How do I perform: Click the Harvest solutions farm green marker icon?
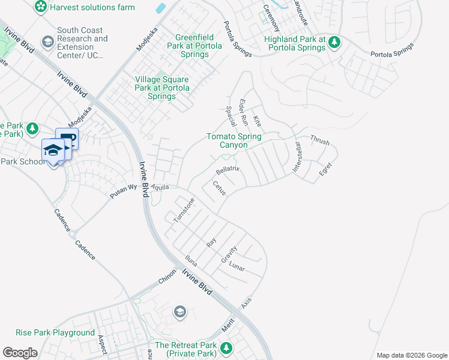(41, 7)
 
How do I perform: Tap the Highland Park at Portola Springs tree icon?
(335, 42)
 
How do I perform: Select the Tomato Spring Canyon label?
(234, 140)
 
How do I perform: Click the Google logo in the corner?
(20, 352)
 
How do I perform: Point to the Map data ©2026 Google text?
(411, 355)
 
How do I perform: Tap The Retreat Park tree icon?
(226, 348)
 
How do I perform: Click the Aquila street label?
(160, 187)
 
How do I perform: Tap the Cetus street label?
(218, 189)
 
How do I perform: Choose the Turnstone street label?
(184, 211)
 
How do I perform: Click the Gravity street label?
(229, 254)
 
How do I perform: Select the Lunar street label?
(237, 266)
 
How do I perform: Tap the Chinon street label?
(167, 277)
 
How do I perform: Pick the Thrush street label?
(319, 140)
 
